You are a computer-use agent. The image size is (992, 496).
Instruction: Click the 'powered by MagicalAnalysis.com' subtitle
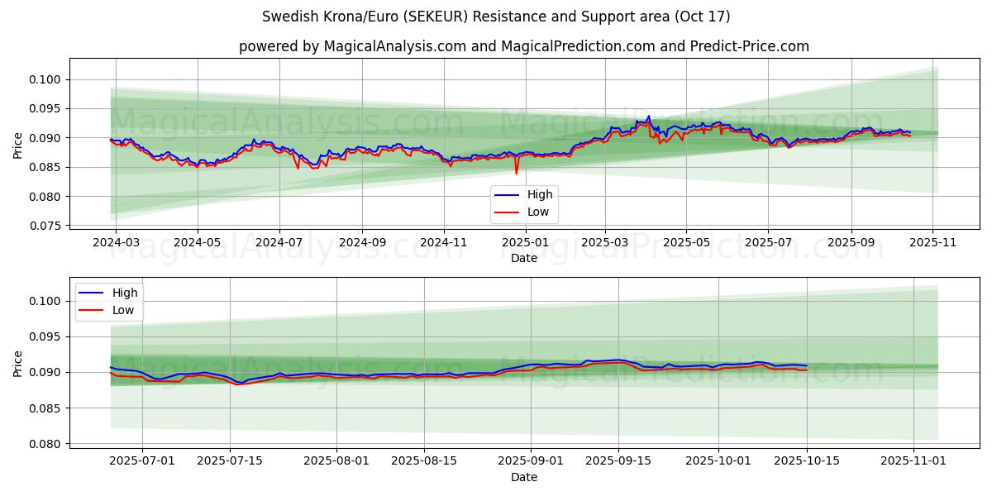(523, 46)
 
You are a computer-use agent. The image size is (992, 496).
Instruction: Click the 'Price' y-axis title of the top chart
(18, 145)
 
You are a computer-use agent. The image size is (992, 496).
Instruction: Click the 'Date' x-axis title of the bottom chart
(523, 477)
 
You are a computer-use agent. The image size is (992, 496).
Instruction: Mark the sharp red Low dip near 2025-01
(517, 173)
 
